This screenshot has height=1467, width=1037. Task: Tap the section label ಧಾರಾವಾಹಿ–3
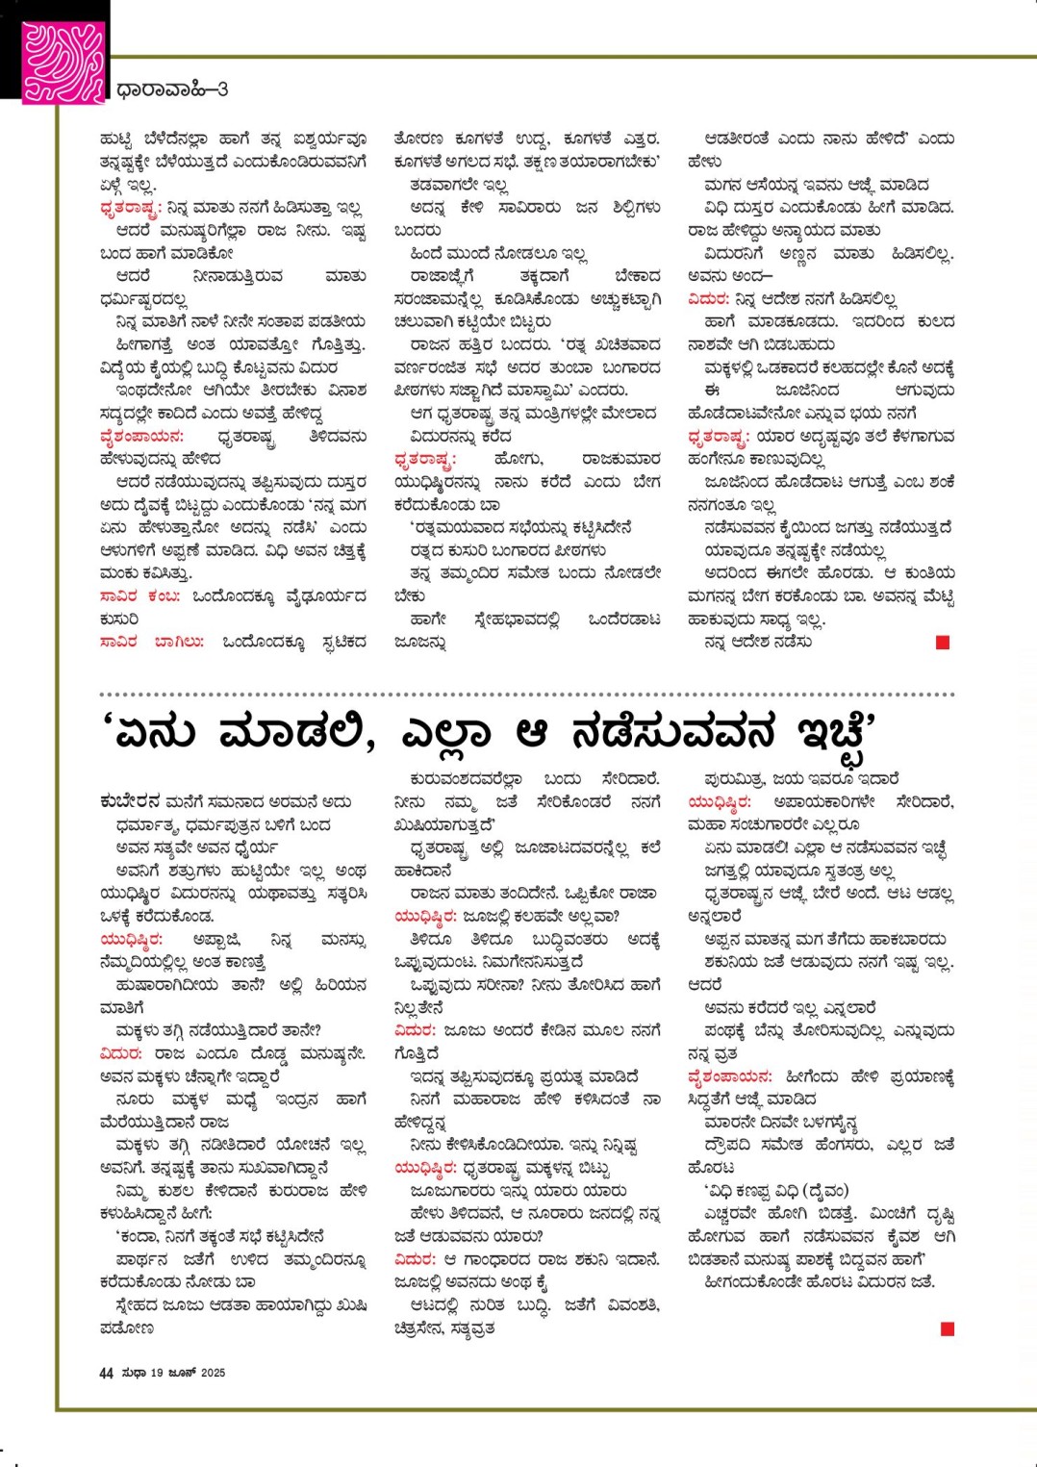coord(172,90)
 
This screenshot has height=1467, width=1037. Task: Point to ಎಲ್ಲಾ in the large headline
coord(445,733)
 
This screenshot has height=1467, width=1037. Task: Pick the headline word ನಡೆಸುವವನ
coord(672,733)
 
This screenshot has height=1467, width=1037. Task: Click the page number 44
coord(106,1373)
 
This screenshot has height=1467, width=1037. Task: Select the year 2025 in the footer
coord(213,1373)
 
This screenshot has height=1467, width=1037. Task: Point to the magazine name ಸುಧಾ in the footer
coord(134,1373)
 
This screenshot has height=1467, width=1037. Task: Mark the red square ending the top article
coord(943,643)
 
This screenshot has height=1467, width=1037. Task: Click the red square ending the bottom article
coord(948,1328)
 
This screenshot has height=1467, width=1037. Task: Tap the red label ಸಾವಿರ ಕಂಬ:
coord(140,596)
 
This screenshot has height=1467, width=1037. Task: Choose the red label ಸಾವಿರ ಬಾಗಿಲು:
coord(152,642)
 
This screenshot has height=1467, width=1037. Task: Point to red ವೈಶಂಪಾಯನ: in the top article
coord(142,436)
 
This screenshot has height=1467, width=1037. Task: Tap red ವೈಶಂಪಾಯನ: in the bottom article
coord(730,1076)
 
